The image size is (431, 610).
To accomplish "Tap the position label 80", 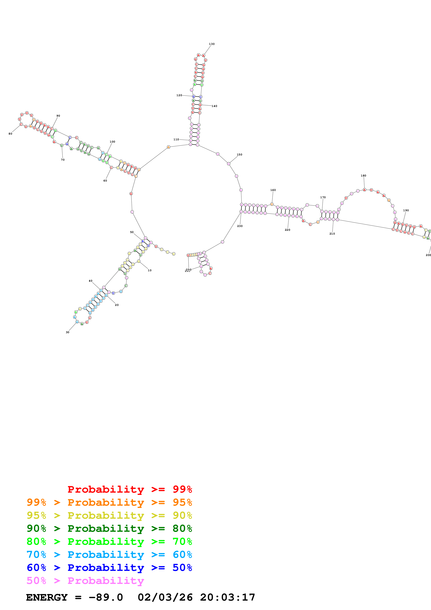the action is [x=10, y=134].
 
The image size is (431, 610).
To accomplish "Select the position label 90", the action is [x=58, y=116].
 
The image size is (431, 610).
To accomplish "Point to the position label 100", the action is [x=112, y=142].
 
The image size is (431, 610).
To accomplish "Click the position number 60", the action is [x=105, y=181].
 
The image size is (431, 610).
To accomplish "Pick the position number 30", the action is [x=67, y=332].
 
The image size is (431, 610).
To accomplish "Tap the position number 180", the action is [x=363, y=176].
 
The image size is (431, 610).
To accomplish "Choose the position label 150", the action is [x=239, y=155].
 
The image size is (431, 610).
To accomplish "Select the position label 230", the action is [x=240, y=226].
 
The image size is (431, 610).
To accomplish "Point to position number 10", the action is [x=150, y=270].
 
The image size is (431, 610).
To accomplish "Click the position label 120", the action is [x=179, y=95].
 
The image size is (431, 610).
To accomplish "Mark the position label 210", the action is [x=332, y=234].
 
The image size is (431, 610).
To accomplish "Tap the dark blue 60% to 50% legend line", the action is [x=109, y=568].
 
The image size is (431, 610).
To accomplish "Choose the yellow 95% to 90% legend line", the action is [x=109, y=515].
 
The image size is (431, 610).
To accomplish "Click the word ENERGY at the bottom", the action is [x=47, y=597].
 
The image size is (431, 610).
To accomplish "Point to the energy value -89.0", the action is [x=106, y=597].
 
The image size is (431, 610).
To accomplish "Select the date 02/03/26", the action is [x=165, y=597].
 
